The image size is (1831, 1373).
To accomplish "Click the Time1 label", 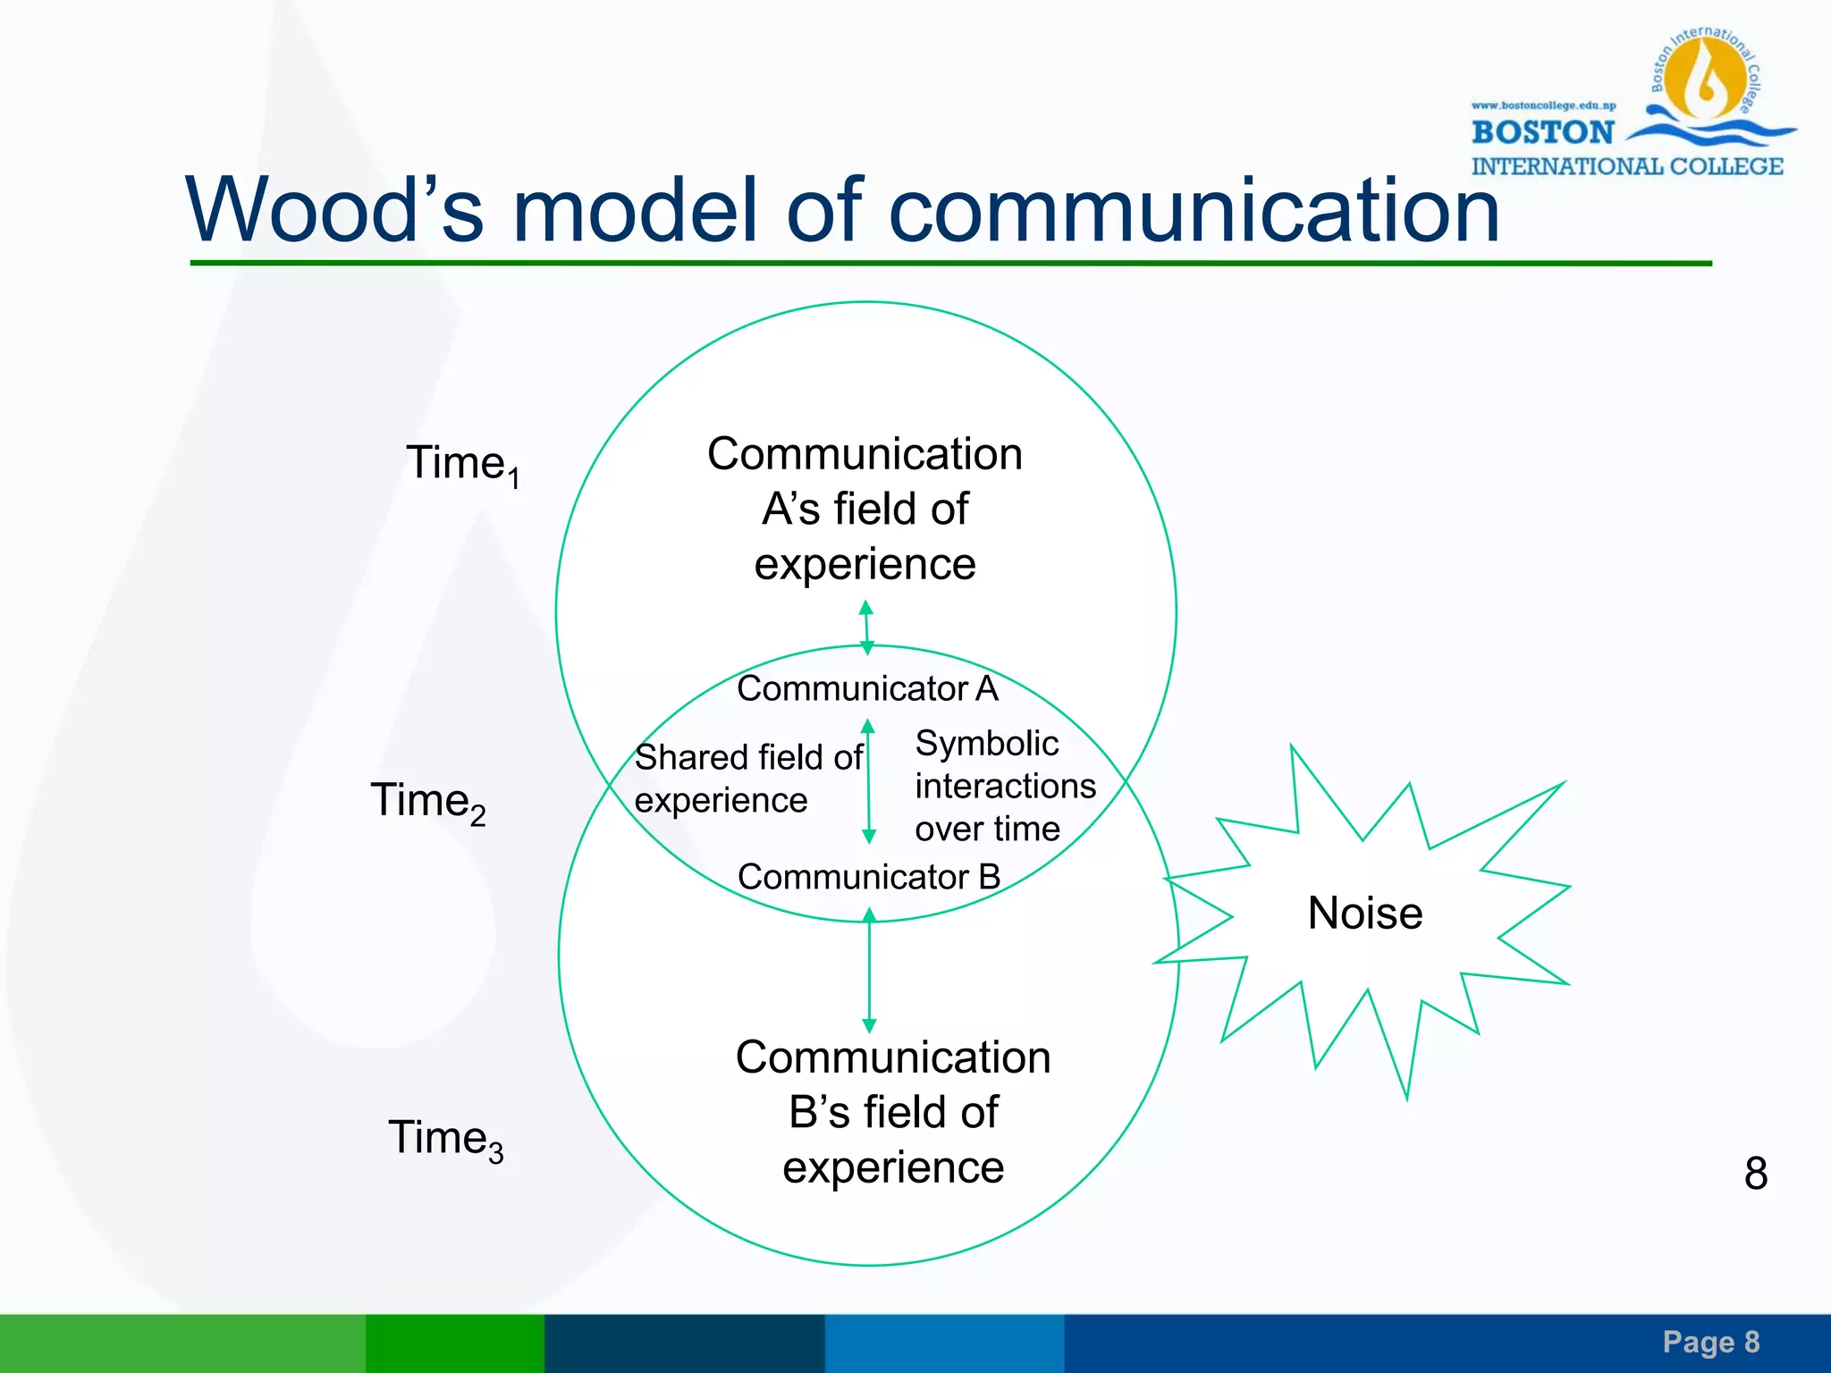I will click(x=462, y=464).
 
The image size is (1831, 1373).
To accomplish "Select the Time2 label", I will click(x=427, y=801).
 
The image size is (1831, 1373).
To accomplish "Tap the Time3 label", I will click(x=444, y=1139).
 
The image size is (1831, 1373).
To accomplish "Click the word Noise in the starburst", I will click(x=1364, y=914).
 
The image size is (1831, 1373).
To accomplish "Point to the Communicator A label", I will click(x=866, y=688).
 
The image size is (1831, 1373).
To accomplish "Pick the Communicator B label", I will click(x=868, y=877).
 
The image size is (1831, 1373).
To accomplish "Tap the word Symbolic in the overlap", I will click(x=986, y=744).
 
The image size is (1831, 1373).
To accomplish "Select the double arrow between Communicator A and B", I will click(x=868, y=781).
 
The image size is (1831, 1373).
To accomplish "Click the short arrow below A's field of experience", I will click(x=865, y=627).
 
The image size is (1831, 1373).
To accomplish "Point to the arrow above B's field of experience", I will click(x=869, y=970).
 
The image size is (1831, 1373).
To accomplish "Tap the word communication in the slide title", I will click(x=1194, y=210).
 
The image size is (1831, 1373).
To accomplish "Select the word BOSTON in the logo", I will click(x=1542, y=133).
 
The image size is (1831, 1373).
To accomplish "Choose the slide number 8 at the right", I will click(x=1755, y=1174).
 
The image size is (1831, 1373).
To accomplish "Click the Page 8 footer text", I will click(x=1710, y=1342).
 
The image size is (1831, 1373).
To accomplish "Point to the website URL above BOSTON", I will click(x=1543, y=105).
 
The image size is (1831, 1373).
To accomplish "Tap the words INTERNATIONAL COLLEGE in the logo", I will click(x=1627, y=167).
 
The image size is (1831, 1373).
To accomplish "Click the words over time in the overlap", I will click(x=987, y=830).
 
